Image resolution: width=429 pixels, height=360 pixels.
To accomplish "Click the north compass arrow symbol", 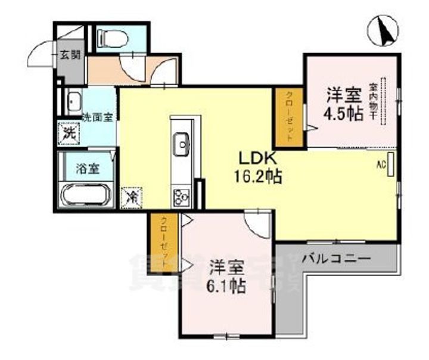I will click(x=384, y=32).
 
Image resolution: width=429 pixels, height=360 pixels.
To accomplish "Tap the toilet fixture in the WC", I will click(x=112, y=38).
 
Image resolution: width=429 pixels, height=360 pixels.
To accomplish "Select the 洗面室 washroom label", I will click(x=98, y=117).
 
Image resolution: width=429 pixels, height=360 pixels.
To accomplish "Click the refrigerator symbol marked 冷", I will click(x=131, y=196).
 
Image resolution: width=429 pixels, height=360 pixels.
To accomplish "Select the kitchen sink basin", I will click(x=181, y=142).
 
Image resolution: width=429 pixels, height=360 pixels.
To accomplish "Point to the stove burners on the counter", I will click(x=181, y=195).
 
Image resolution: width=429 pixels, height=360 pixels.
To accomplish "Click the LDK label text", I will click(x=256, y=159).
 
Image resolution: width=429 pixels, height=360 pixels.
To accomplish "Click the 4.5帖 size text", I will click(x=343, y=114).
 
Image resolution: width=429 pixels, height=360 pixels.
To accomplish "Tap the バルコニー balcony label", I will click(x=335, y=259).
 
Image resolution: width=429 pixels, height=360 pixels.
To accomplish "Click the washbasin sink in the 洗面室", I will click(x=74, y=101).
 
